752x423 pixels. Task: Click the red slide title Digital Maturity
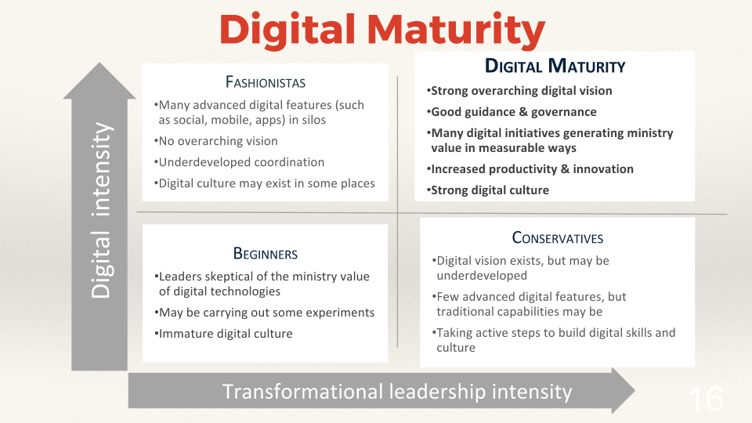(382, 31)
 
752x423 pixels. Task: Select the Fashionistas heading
(265, 82)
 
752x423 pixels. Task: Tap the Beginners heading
(265, 254)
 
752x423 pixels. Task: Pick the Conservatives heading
(557, 238)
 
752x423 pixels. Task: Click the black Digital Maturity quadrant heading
(555, 67)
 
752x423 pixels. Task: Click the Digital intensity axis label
(100, 210)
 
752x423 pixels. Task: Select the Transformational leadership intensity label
(397, 391)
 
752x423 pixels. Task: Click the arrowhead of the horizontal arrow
(623, 390)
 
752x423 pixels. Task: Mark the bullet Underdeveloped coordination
(240, 162)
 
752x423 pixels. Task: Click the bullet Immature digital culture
(225, 334)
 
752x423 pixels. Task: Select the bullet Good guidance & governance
(512, 112)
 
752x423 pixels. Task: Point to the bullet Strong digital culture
(489, 190)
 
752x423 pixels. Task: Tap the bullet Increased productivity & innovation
(531, 169)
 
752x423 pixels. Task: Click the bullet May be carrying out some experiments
(266, 313)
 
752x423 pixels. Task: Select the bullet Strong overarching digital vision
(520, 91)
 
